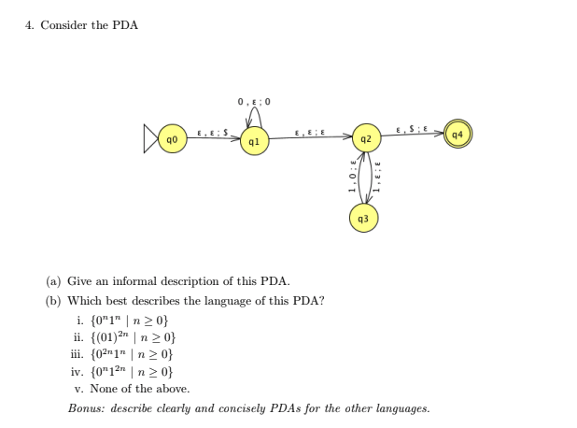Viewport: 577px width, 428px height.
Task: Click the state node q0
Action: point(172,139)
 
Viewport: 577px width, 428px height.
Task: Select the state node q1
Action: point(254,141)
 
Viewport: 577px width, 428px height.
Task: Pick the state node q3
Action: point(364,218)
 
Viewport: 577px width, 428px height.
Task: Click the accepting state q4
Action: point(457,134)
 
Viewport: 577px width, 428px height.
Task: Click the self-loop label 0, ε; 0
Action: point(254,101)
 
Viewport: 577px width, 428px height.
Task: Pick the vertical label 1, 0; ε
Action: point(352,178)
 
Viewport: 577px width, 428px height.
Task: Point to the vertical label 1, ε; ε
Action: point(377,178)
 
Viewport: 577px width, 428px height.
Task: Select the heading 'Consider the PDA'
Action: point(89,25)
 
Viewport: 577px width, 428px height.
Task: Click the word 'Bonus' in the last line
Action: point(85,408)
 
